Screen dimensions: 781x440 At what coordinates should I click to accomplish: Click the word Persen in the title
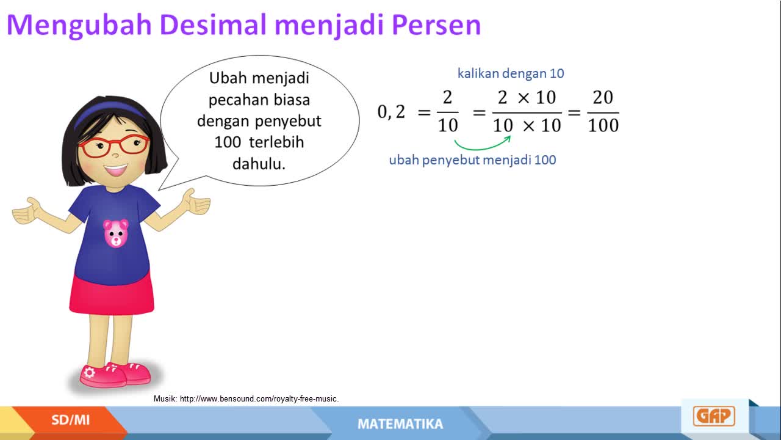436,25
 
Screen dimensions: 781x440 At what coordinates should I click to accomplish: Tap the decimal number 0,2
391,112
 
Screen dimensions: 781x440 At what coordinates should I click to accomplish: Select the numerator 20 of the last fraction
603,97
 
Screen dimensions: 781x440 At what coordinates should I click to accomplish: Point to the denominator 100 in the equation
603,125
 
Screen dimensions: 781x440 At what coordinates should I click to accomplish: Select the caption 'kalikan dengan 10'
511,73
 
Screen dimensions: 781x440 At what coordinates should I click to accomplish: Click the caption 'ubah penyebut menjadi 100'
472,160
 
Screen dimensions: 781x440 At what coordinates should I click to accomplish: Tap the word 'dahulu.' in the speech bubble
259,163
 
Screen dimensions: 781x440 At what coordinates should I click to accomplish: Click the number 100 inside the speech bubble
228,142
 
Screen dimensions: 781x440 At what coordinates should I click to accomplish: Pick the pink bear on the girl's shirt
116,233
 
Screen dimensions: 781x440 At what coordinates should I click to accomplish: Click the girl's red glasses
113,146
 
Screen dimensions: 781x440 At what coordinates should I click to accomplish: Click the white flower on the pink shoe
90,373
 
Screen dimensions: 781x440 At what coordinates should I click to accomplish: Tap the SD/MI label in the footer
71,420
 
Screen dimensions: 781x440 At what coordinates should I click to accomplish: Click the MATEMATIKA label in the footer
400,424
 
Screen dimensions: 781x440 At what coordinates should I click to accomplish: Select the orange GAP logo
714,416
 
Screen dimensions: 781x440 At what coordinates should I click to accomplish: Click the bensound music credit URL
259,399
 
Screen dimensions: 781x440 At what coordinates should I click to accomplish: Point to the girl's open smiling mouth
116,170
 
